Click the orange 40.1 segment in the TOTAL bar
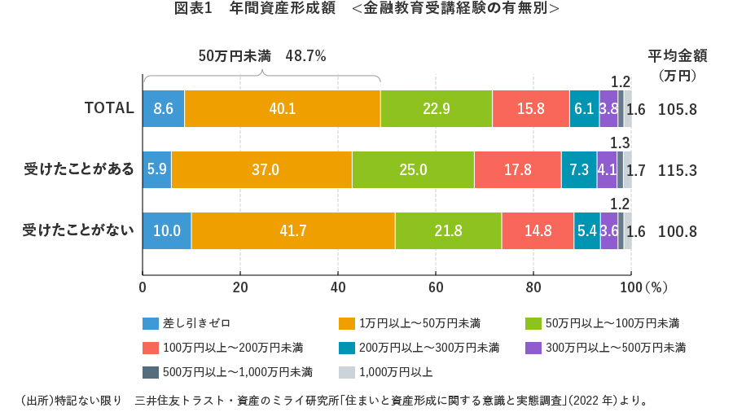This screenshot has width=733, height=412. (x=283, y=109)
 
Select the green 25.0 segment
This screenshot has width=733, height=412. (x=413, y=170)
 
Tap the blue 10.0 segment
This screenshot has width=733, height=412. (x=167, y=231)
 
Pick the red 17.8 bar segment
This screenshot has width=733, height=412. (x=517, y=170)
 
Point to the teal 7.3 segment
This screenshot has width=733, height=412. (x=579, y=170)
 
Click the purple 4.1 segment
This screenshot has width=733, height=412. (x=607, y=170)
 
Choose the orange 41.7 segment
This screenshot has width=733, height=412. (x=293, y=231)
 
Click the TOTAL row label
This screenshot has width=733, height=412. (x=109, y=108)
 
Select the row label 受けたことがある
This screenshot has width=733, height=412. (x=79, y=170)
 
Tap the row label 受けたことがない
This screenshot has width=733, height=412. (x=79, y=231)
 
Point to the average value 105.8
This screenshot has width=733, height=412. (x=678, y=109)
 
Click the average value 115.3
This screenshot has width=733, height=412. (x=678, y=170)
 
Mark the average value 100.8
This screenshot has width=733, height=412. (x=678, y=231)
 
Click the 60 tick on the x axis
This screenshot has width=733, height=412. (x=436, y=287)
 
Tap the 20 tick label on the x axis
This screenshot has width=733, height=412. (x=240, y=287)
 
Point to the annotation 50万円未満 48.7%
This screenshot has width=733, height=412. (x=262, y=56)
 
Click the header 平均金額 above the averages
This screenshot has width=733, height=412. (x=678, y=56)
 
